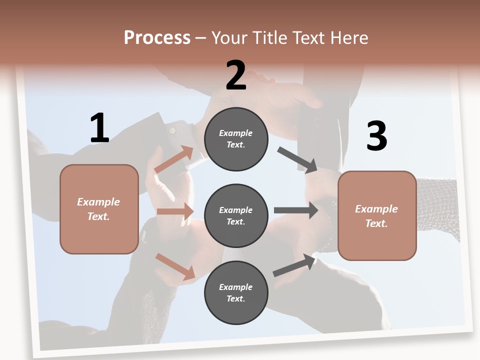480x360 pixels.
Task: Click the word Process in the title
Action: (x=157, y=38)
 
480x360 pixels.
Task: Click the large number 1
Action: (x=99, y=128)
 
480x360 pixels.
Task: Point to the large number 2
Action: (x=236, y=75)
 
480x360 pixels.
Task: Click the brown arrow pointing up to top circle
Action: (x=174, y=160)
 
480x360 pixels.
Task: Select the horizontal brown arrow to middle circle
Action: (x=175, y=211)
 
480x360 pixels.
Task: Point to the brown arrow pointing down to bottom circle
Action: (x=175, y=266)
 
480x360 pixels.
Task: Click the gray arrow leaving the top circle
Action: (x=297, y=160)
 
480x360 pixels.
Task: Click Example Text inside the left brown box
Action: (x=98, y=209)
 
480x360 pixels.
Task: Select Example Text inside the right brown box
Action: (x=376, y=216)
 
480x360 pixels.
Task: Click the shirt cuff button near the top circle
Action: (x=172, y=130)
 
